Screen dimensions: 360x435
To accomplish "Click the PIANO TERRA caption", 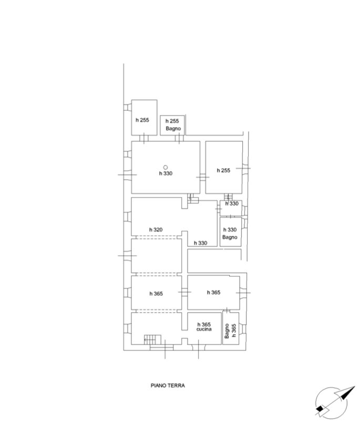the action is tap(168, 385).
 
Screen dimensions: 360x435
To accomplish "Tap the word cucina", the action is tap(204, 329).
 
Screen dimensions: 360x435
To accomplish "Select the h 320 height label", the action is tap(156, 230).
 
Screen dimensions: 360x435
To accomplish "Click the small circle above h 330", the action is tap(166, 167).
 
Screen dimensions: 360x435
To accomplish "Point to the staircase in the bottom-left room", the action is tap(152, 339).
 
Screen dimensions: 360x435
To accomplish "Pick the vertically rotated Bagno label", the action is tap(227, 330).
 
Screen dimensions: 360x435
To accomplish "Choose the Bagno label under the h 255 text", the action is tap(173, 128).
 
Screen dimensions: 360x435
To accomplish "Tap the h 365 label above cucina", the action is tap(204, 324).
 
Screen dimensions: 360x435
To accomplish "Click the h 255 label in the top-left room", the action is tap(142, 120).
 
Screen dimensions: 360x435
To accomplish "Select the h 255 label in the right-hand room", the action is tap(223, 170).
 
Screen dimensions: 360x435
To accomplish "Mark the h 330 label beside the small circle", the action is tap(166, 173).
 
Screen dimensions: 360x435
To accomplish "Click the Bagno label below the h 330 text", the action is tap(230, 237).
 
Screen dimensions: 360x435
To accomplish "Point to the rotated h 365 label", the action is tap(234, 330).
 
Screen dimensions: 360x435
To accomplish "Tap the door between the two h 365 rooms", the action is tap(184, 292).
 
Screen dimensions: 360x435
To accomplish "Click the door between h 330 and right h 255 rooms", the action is tap(203, 177).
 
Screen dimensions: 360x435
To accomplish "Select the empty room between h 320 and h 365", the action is tap(156, 255).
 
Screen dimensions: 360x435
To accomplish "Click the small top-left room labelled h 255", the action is tap(144, 118).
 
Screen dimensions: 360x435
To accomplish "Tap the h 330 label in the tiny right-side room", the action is tap(232, 204).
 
